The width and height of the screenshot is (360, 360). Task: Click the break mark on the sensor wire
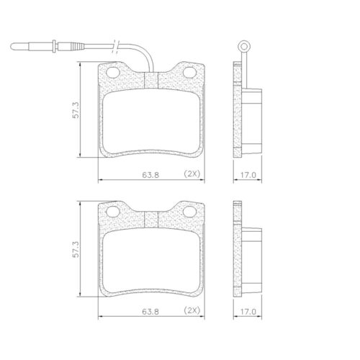coord(117,48)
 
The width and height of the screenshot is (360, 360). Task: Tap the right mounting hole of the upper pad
coord(191,73)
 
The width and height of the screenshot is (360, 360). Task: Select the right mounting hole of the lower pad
coord(191,212)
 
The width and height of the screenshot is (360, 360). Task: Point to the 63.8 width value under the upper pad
coord(150,174)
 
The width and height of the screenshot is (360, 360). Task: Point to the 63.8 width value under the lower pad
coord(150,312)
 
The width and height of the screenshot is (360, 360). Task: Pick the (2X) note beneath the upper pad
coord(192,174)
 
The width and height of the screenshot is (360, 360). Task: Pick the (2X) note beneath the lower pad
coord(192,312)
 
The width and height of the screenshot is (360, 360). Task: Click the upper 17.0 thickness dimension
coord(249,174)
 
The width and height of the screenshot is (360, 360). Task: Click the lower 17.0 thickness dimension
coord(249,312)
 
